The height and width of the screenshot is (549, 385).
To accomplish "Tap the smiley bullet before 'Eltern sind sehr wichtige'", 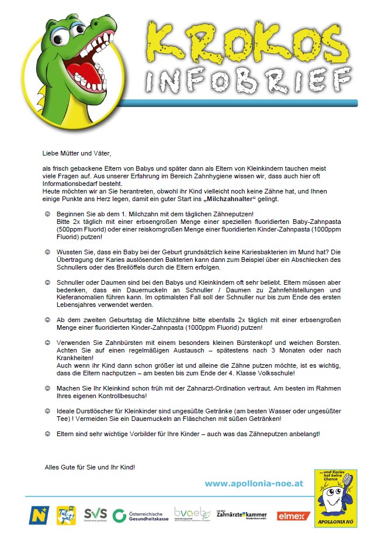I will click(47, 434).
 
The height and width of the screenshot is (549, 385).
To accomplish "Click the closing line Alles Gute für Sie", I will click(90, 467).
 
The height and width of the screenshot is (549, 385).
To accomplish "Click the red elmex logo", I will click(293, 515).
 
